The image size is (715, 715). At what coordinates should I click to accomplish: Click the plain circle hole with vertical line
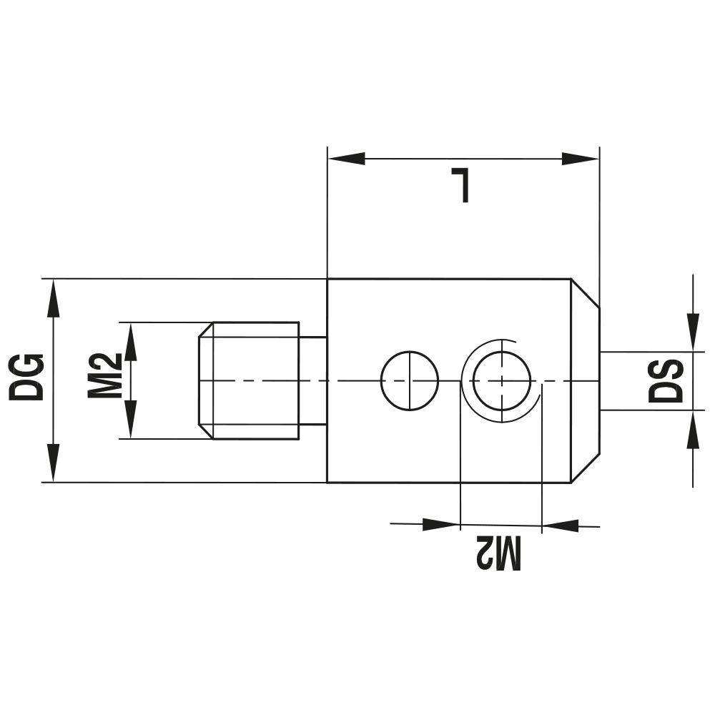409,381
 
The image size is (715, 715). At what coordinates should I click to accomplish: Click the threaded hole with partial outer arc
503,381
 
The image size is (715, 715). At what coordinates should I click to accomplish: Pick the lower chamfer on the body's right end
585,467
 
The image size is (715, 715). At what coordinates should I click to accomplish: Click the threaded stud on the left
248,380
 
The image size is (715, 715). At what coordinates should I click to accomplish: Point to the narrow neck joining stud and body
312,381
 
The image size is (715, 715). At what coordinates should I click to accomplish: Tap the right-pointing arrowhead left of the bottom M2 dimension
440,524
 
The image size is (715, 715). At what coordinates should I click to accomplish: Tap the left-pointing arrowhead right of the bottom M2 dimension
561,527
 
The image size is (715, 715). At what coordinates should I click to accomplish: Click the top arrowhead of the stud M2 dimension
131,342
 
